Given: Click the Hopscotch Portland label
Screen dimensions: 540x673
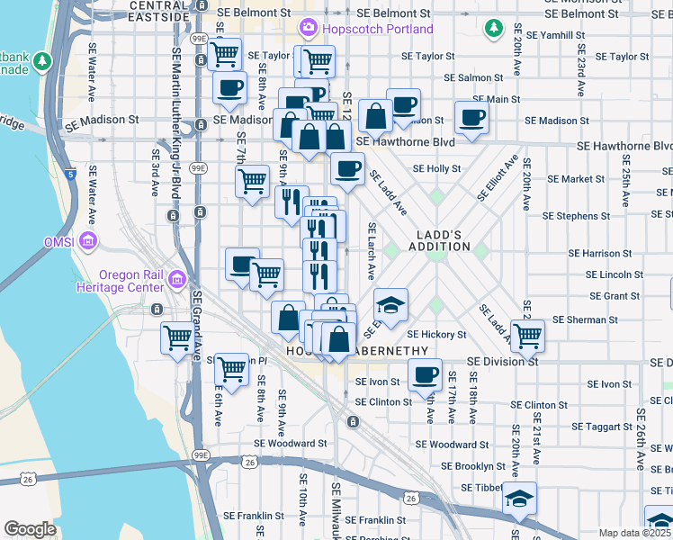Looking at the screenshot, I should pyautogui.click(x=377, y=29).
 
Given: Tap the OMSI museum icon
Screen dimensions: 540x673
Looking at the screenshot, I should pyautogui.click(x=87, y=241).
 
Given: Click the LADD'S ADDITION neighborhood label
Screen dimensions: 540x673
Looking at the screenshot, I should pyautogui.click(x=439, y=239).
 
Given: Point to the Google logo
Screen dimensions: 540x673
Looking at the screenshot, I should pyautogui.click(x=30, y=529).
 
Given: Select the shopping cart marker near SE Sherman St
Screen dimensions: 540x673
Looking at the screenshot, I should pyautogui.click(x=527, y=335).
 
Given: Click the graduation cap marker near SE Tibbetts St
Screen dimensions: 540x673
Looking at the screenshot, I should pyautogui.click(x=518, y=499).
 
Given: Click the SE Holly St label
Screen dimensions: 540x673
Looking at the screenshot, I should pyautogui.click(x=436, y=168).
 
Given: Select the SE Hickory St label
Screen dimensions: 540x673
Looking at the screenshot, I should pyautogui.click(x=436, y=335).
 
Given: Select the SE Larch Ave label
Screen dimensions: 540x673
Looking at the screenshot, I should pyautogui.click(x=371, y=251).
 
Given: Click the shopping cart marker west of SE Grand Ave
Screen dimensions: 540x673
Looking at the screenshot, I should pyautogui.click(x=177, y=338).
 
